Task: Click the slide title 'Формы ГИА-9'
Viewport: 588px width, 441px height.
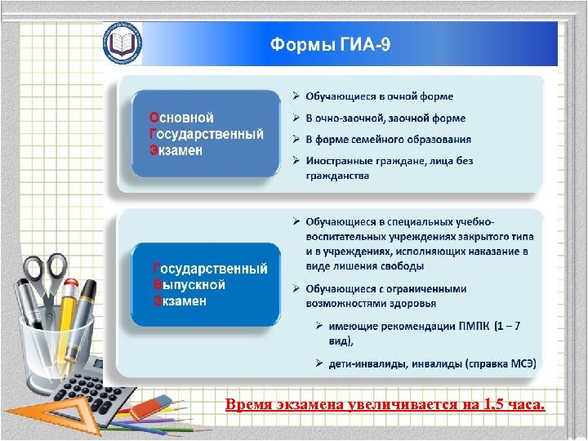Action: pyautogui.click(x=330, y=44)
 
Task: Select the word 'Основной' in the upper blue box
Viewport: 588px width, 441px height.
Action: pyautogui.click(x=181, y=118)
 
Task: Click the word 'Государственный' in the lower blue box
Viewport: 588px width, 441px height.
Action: pyautogui.click(x=211, y=269)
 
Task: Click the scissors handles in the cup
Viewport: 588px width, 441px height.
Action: pyautogui.click(x=44, y=272)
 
